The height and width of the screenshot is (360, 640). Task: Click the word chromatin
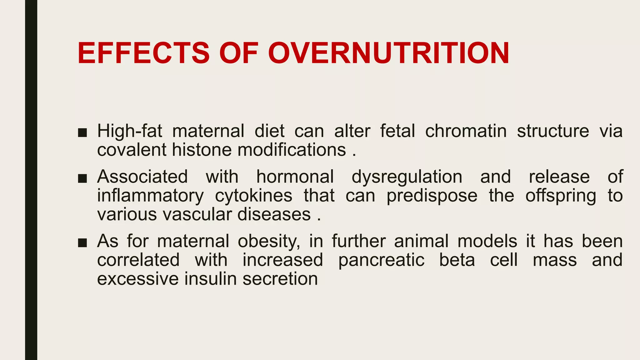(x=466, y=131)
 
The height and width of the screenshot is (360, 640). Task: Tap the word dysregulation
(x=407, y=177)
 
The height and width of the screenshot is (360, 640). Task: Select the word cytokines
(x=253, y=196)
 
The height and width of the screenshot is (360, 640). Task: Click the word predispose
(x=432, y=196)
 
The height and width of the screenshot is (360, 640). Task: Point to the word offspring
(x=561, y=196)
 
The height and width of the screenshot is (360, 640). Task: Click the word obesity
(x=269, y=242)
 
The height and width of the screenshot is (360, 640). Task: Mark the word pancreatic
(x=381, y=260)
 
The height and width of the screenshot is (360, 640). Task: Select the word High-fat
(x=129, y=131)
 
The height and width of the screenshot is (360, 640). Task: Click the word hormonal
(x=295, y=177)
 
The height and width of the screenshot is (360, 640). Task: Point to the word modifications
(x=292, y=150)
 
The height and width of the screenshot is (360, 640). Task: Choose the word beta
(x=457, y=260)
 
